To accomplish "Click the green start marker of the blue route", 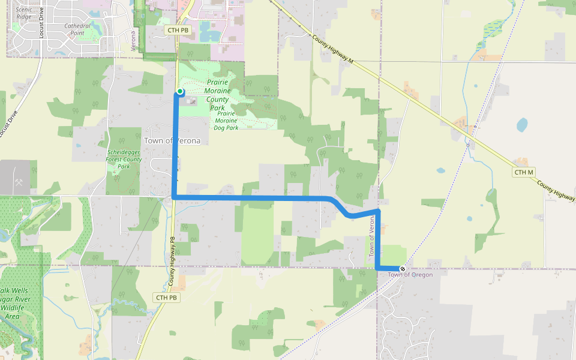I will point(179,91).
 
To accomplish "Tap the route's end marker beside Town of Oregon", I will point(402,268).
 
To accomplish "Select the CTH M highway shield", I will point(523,172).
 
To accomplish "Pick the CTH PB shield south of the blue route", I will point(166,298).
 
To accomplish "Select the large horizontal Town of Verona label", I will point(172,140).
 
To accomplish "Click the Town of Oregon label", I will point(410,275).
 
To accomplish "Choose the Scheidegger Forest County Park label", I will point(124,159).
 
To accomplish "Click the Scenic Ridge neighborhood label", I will point(24,13).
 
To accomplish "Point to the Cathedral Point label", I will point(77,29).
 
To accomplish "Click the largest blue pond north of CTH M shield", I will point(522,125).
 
